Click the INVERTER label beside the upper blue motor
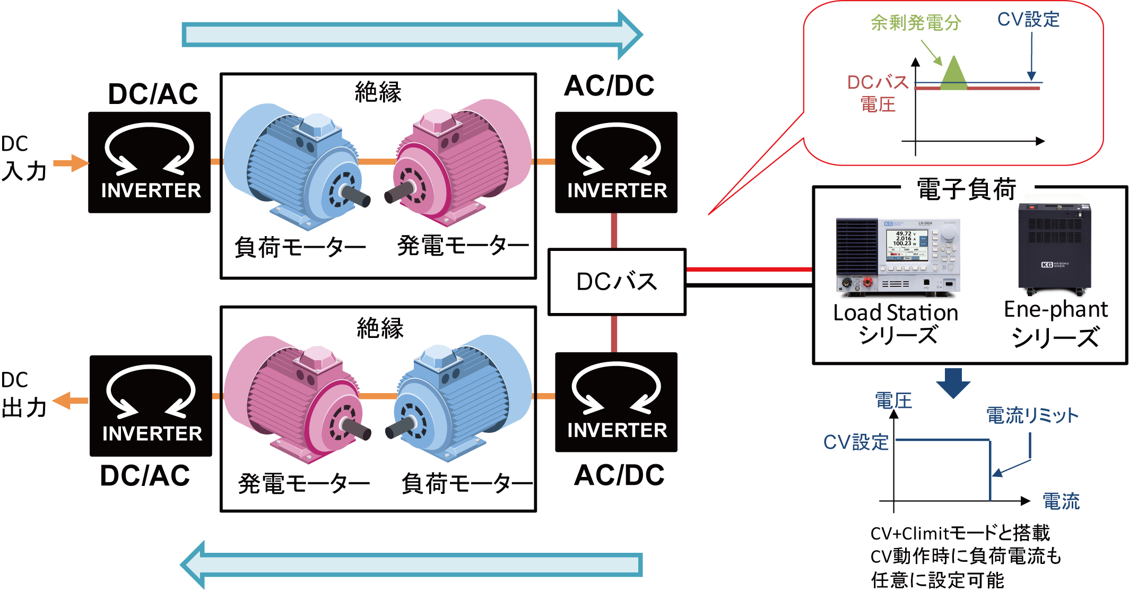pyautogui.click(x=151, y=190)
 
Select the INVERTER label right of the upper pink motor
pyautogui.click(x=617, y=190)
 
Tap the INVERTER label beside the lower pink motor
pyautogui.click(x=152, y=433)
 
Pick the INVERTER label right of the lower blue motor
pyautogui.click(x=617, y=430)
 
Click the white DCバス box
pyautogui.click(x=616, y=282)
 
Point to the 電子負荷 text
pyautogui.click(x=967, y=189)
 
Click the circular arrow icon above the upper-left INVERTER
pyautogui.click(x=149, y=149)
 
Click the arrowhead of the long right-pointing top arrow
pyautogui.click(x=629, y=35)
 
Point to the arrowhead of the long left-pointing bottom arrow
pyautogui.click(x=193, y=565)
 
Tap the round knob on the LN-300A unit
pyautogui.click(x=948, y=233)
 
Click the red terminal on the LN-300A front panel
pyautogui.click(x=868, y=282)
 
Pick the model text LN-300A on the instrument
pyautogui.click(x=925, y=223)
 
